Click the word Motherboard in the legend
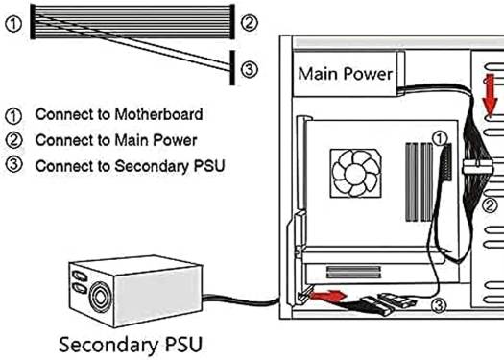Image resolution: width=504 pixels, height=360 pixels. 158,114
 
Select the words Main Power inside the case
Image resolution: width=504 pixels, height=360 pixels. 346,74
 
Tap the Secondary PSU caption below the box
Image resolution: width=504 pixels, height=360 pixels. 131,345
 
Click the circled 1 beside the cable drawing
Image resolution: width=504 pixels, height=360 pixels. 13,25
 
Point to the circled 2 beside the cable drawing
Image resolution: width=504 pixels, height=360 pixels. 249,23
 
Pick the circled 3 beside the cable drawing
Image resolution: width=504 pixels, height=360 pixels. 249,69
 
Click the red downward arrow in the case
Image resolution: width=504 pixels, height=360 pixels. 490,95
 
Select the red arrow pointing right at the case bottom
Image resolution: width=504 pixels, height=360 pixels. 328,296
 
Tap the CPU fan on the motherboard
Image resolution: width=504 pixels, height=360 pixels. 356,173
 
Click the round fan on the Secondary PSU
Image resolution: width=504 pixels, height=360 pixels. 100,298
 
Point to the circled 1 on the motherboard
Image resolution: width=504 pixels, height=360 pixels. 440,138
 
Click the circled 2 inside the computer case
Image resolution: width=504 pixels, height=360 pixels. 491,205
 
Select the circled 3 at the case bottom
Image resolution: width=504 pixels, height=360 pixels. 439,305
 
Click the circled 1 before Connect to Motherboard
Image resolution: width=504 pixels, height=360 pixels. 13,116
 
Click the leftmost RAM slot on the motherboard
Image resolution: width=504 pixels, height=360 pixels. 412,182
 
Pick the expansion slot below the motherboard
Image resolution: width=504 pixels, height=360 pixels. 353,272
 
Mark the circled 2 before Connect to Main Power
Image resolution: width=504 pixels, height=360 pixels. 13,140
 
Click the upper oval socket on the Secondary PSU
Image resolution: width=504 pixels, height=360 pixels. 80,276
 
